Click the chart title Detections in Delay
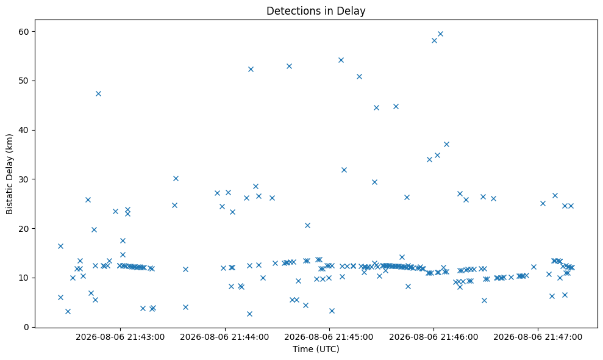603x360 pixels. point(316,11)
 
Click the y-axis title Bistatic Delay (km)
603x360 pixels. point(10,174)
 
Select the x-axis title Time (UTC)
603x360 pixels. point(316,349)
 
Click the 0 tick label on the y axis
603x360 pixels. point(27,327)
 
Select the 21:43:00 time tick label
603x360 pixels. point(120,337)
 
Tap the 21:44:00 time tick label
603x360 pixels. point(224,337)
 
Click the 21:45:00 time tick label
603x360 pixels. point(329,337)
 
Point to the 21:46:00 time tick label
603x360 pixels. point(434,337)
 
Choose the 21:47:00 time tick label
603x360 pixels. point(538,337)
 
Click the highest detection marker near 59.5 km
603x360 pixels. point(441,34)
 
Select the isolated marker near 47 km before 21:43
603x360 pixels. point(98,93)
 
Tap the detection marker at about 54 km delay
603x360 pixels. point(341,60)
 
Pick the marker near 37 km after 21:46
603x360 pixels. point(446,145)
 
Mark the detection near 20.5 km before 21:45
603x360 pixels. point(308,226)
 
